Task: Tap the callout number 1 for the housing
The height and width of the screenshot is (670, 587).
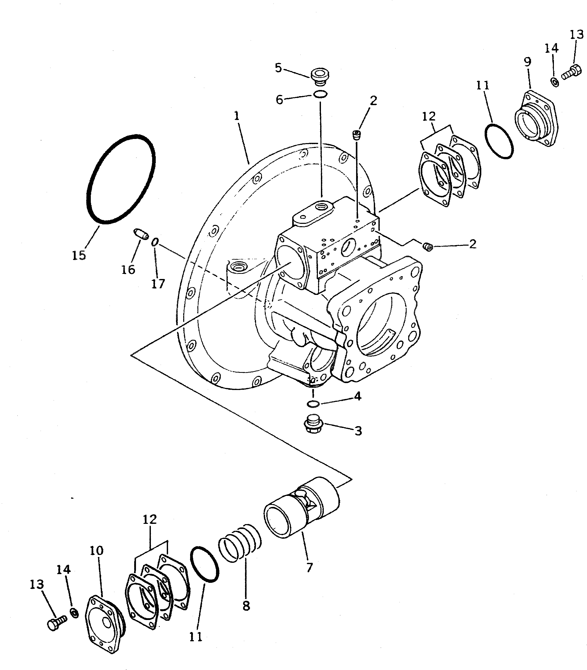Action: (x=237, y=116)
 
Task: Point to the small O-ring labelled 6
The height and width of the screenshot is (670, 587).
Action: (x=320, y=95)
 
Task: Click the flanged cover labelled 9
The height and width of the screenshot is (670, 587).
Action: (x=535, y=119)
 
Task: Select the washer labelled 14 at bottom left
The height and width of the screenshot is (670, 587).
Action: (x=75, y=613)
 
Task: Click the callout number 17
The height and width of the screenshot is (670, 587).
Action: (x=158, y=284)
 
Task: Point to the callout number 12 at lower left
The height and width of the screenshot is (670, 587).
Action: (x=150, y=519)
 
